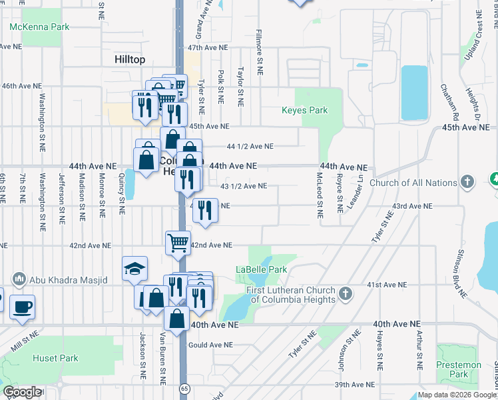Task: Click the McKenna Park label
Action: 39,27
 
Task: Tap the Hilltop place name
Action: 129,59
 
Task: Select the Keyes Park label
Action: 305,110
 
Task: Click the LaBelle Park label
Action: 261,269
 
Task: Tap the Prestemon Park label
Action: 459,369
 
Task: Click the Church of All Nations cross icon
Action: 467,181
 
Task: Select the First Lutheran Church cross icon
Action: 345,293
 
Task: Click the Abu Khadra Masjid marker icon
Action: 18,278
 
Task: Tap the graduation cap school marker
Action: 134,269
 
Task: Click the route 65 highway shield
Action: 182,387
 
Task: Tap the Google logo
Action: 22,392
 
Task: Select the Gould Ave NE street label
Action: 211,345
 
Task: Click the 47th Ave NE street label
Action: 208,48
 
